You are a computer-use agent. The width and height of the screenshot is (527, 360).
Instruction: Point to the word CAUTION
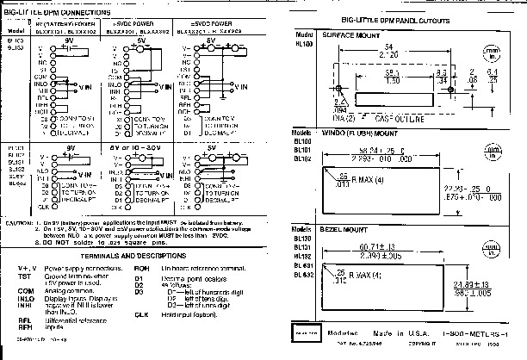pos(19,221)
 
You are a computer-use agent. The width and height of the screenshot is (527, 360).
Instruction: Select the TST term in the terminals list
pos(26,275)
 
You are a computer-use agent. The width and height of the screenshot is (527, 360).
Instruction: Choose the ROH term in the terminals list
pos(142,268)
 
